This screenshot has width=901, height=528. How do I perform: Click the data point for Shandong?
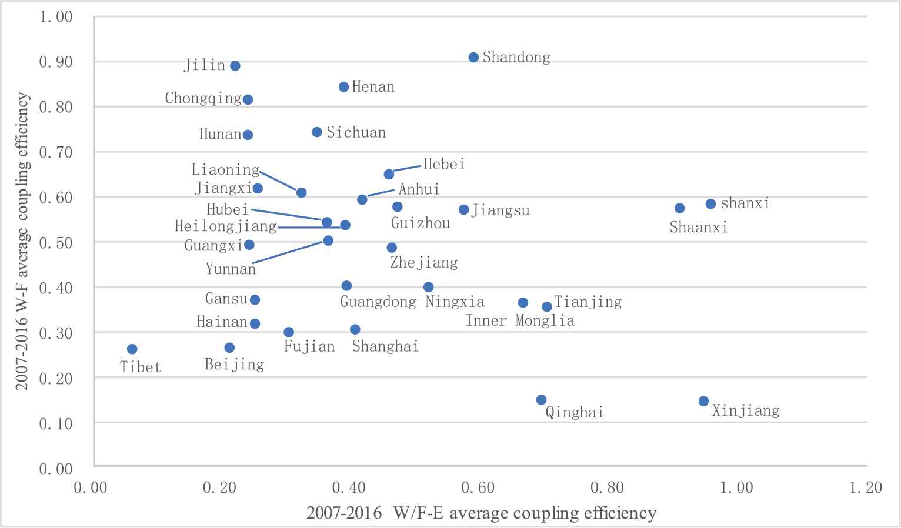pyautogui.click(x=473, y=57)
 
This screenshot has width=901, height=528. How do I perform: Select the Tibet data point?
pyautogui.click(x=132, y=349)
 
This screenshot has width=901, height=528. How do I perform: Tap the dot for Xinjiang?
pyautogui.click(x=703, y=401)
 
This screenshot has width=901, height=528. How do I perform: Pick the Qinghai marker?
pyautogui.click(x=541, y=400)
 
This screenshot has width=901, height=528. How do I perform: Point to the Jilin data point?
pyautogui.click(x=235, y=66)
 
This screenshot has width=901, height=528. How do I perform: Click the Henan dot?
pyautogui.click(x=344, y=87)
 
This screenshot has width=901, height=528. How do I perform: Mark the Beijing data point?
pyautogui.click(x=229, y=347)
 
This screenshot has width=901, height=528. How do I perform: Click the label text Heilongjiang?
pyautogui.click(x=226, y=226)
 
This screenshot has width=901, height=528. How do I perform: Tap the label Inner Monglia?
pyautogui.click(x=520, y=320)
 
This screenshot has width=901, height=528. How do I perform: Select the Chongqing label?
pyautogui.click(x=203, y=98)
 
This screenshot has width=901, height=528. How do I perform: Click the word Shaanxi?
pyautogui.click(x=699, y=228)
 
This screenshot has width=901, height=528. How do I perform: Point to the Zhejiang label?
pyautogui.click(x=424, y=262)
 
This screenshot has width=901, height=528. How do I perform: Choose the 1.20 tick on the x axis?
pyautogui.click(x=866, y=487)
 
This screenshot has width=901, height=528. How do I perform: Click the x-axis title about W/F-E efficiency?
pyautogui.click(x=481, y=513)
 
